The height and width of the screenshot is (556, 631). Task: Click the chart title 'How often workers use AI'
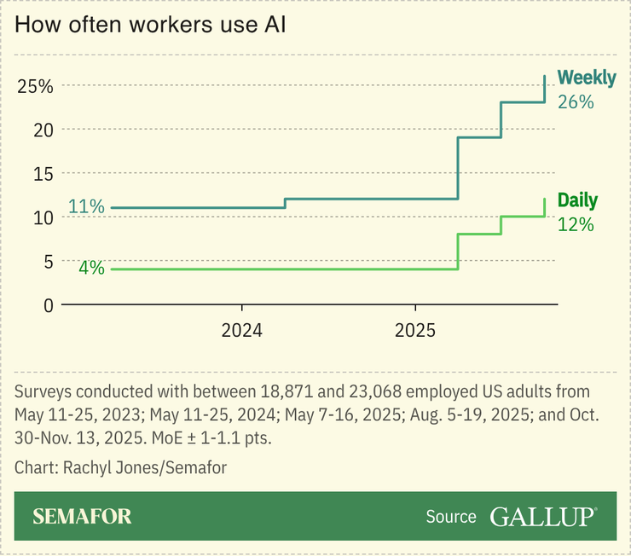(x=149, y=25)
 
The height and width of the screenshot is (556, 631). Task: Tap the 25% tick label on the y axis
(x=35, y=86)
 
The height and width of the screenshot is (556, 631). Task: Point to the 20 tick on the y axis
(x=42, y=130)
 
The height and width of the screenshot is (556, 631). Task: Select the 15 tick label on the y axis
(x=42, y=173)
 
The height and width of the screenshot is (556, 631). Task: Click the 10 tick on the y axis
(x=42, y=217)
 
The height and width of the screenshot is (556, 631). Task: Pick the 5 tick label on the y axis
(x=46, y=260)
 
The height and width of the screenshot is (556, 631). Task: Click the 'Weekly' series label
(x=587, y=78)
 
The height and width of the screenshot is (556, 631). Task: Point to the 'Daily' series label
(x=577, y=201)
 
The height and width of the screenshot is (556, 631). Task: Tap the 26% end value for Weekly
(x=576, y=101)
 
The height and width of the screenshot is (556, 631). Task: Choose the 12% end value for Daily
(x=575, y=225)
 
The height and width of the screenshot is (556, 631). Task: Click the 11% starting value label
(x=86, y=207)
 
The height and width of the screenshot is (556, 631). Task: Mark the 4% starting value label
(x=91, y=268)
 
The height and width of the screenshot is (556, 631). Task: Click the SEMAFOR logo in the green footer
(x=82, y=517)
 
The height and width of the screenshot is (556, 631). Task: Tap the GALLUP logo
(x=543, y=517)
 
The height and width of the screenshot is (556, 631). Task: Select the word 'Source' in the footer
(x=451, y=517)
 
